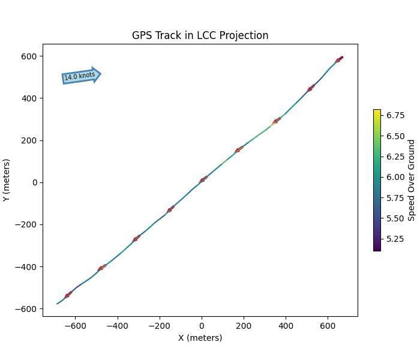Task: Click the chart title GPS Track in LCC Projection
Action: click(200, 35)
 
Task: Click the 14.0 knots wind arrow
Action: click(81, 76)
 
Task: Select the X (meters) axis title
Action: click(200, 338)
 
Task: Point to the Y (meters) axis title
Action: click(7, 180)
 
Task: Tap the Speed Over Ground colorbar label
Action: click(412, 180)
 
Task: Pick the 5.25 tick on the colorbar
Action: click(395, 239)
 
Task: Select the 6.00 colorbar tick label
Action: click(395, 177)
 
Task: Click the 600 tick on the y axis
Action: click(29, 56)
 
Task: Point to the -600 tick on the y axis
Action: click(27, 309)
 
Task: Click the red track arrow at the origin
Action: click(203, 179)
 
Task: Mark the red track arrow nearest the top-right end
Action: click(339, 59)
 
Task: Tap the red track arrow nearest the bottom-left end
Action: click(68, 295)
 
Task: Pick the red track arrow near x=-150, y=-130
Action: click(170, 209)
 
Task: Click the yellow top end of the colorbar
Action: click(377, 112)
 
